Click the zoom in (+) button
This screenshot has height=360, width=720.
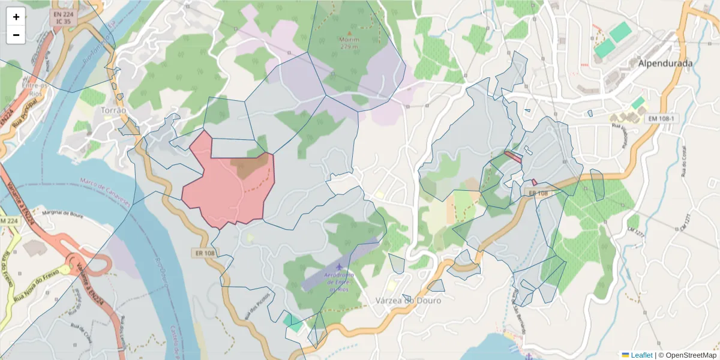click(16, 17)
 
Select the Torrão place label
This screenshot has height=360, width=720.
click(114, 110)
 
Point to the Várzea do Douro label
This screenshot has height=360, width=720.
click(408, 300)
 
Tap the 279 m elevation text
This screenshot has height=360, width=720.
click(349, 46)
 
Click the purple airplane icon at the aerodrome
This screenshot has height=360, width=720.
click(340, 266)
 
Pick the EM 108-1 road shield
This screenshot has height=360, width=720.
click(661, 119)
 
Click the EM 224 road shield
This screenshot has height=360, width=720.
click(9, 221)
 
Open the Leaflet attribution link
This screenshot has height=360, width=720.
click(641, 355)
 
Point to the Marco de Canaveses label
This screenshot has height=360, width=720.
click(105, 191)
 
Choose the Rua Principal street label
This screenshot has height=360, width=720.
click(24, 116)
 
